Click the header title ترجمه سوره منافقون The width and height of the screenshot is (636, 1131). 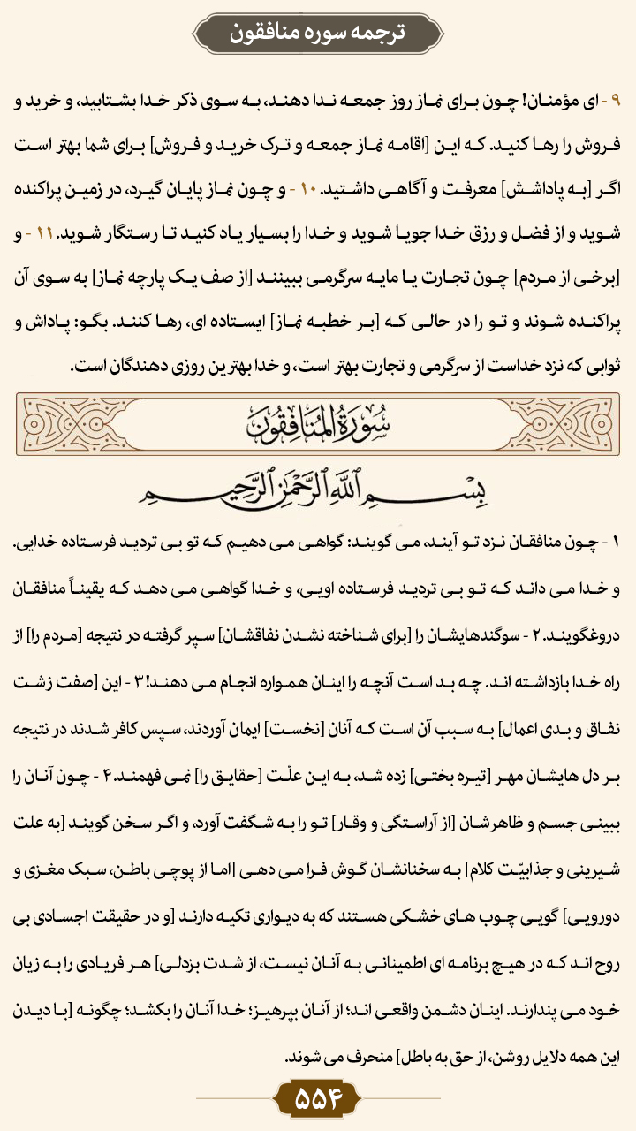click(317, 33)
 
